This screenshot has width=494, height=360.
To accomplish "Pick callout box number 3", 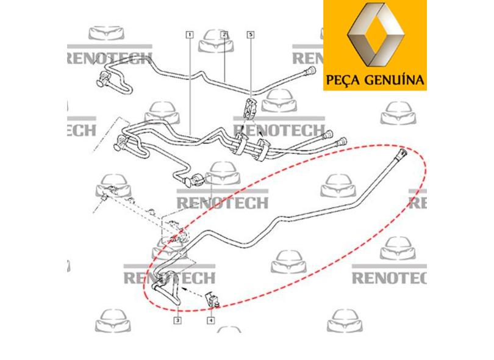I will pos(177,320).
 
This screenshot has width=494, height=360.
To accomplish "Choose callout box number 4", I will pos(210,320).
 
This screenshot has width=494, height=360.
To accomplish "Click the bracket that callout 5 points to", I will pos(249,107).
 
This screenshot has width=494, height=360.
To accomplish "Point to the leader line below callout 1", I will pos(190,85).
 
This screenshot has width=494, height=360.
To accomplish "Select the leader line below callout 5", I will pos(250,67).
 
